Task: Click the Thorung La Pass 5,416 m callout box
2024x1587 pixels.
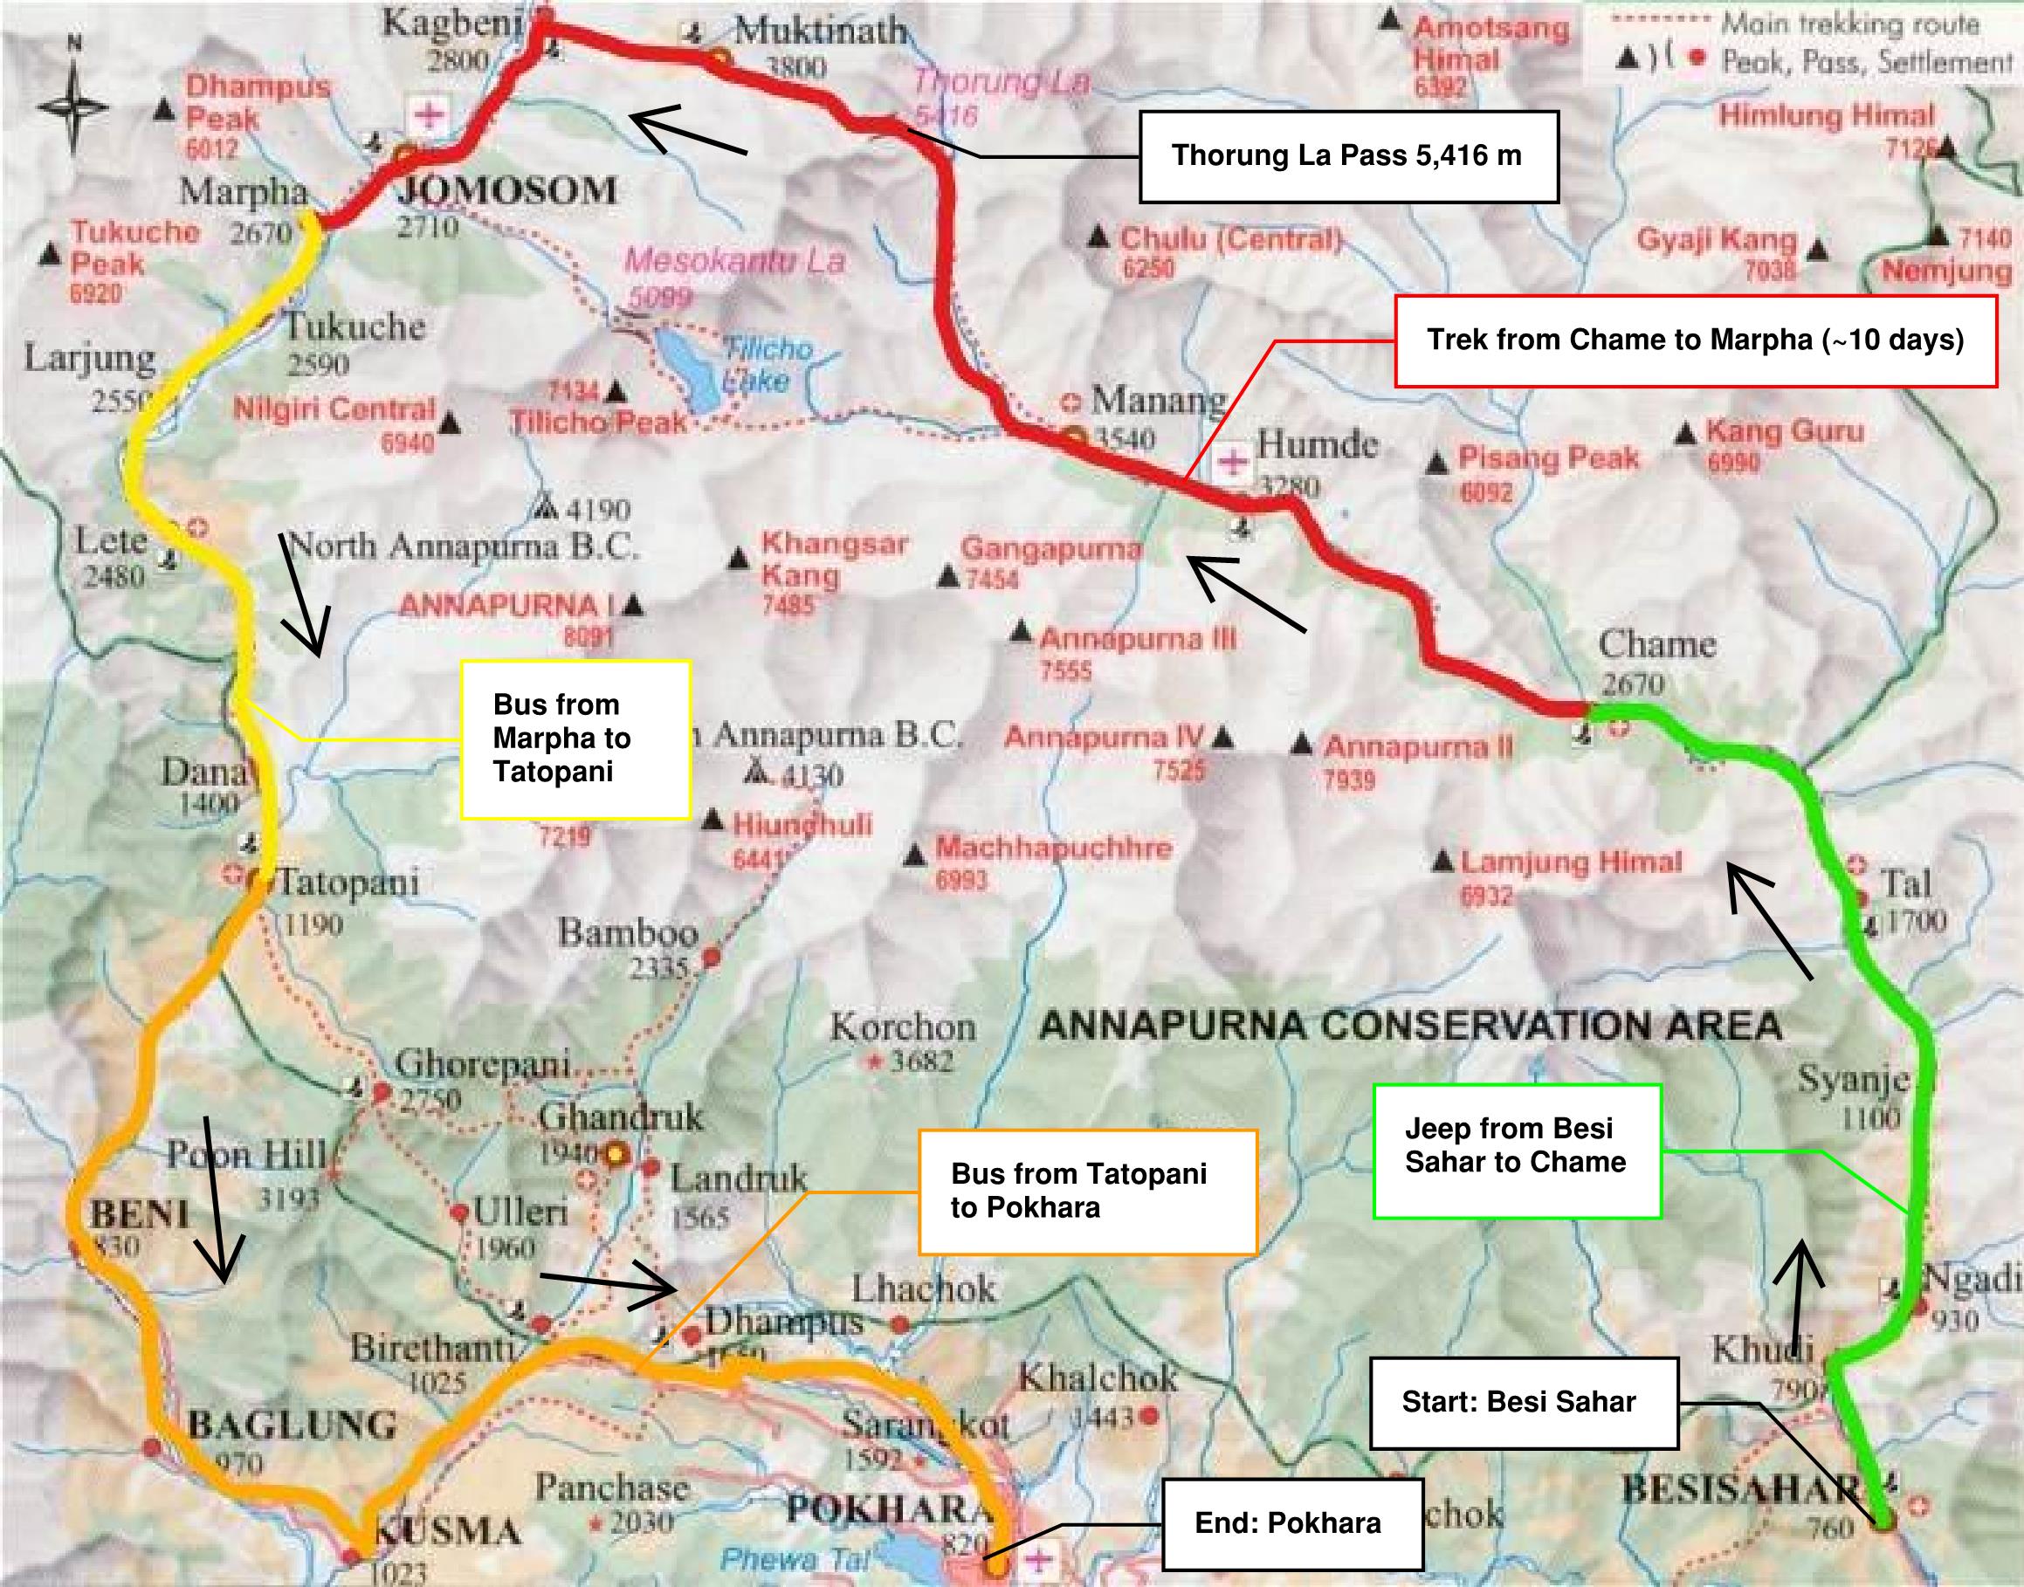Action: coord(1347,156)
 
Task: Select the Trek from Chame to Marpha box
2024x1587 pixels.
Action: coord(1695,340)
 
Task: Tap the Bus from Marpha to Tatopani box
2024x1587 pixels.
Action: coord(575,739)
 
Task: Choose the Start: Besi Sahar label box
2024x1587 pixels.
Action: coord(1524,1401)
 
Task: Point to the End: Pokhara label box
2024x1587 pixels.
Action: coord(1291,1522)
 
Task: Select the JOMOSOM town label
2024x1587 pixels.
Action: coord(507,190)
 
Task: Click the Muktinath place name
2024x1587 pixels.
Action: coord(820,31)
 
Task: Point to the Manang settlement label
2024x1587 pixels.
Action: coord(1158,400)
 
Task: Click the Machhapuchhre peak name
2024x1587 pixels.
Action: coord(1053,848)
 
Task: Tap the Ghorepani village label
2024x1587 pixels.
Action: coord(482,1064)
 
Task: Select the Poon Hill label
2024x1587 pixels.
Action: coord(246,1155)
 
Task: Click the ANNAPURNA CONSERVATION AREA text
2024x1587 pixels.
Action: coord(1410,1026)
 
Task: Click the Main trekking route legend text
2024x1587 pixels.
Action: coord(1850,24)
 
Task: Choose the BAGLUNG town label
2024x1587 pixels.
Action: coord(292,1425)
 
